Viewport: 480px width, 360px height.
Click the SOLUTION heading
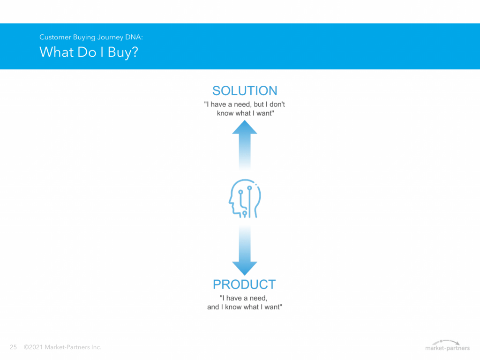tap(245, 90)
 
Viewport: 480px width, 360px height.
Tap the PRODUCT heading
tap(244, 285)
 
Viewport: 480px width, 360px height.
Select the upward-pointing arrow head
tap(245, 127)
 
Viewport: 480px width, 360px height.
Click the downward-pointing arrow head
tap(245, 269)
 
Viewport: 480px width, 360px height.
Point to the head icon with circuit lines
tap(245, 198)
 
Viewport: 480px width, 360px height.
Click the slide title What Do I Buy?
tap(89, 52)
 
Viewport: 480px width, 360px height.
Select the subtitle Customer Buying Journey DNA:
tap(91, 37)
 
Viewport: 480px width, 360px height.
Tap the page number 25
tap(13, 347)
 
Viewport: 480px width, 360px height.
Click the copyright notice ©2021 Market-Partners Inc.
tap(62, 347)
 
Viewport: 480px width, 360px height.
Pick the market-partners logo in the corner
tap(447, 345)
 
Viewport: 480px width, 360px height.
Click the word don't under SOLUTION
tap(277, 105)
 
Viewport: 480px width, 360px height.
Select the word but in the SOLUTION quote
tap(259, 105)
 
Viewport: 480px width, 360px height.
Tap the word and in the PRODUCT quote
tap(213, 307)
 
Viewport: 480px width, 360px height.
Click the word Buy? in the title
tap(123, 52)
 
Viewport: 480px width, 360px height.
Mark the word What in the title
tap(57, 52)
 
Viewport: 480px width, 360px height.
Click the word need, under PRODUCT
tap(258, 298)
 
